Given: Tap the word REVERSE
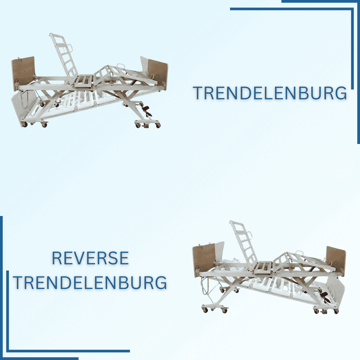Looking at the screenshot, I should pos(90,258).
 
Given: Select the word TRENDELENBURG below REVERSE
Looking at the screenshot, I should pos(90,283).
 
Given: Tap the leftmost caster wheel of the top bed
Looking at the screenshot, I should pos(24,124).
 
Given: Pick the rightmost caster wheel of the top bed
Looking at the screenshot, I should pos(158,126).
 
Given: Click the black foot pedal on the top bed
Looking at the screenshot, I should pos(146,110).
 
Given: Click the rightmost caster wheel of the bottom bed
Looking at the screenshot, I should pos(336,311).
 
